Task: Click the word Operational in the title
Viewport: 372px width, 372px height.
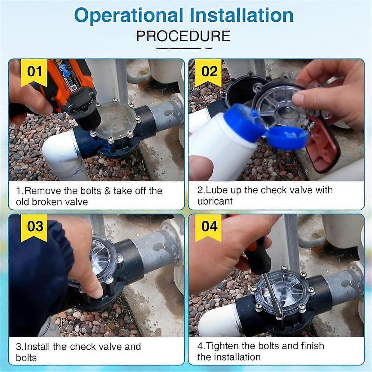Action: tap(129, 15)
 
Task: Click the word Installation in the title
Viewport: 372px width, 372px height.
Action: tap(241, 15)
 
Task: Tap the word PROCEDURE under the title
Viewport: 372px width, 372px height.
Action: tap(184, 36)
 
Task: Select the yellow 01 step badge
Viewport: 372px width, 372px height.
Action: tap(34, 73)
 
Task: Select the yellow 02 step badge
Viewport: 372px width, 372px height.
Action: tap(209, 73)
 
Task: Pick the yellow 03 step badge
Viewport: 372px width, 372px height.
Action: tap(34, 228)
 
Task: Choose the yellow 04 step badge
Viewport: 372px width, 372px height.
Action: tap(209, 228)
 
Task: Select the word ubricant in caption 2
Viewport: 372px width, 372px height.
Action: tap(215, 201)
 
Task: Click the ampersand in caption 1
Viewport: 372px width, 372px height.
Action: tap(107, 191)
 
